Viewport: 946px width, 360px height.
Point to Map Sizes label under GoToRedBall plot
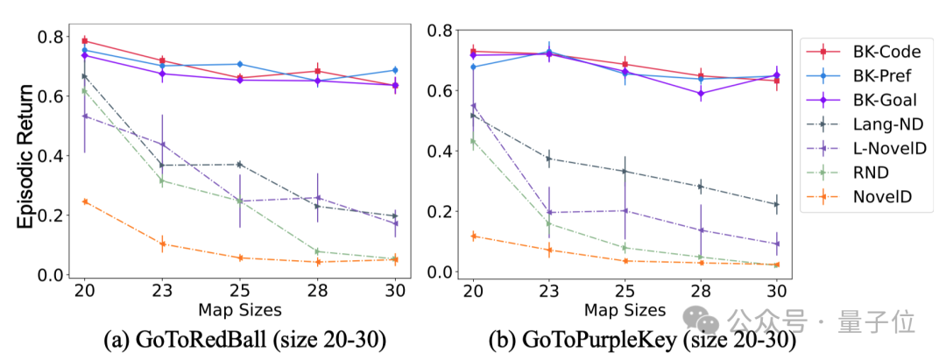pyautogui.click(x=239, y=310)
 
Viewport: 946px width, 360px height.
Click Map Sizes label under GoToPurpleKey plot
pyautogui.click(x=625, y=310)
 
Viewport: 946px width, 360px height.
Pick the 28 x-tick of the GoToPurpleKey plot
pyautogui.click(x=700, y=289)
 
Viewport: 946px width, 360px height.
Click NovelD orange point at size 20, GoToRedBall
pyautogui.click(x=85, y=201)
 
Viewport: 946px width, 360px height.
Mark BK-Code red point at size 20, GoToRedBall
pyautogui.click(x=85, y=41)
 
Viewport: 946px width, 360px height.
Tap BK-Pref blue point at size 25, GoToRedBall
pyautogui.click(x=239, y=64)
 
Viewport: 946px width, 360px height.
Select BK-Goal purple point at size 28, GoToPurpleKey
pyautogui.click(x=700, y=94)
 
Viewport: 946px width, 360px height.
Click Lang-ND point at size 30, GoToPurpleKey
pyautogui.click(x=776, y=204)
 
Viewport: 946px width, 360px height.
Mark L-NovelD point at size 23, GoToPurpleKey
pyautogui.click(x=549, y=212)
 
